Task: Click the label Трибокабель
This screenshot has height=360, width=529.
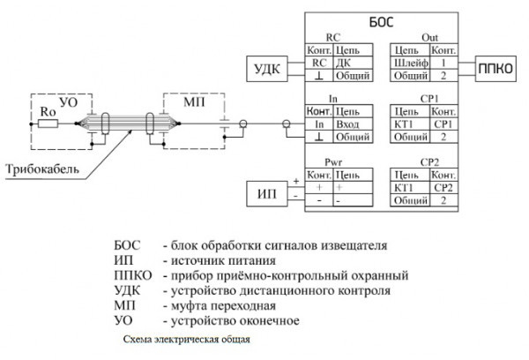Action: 38,167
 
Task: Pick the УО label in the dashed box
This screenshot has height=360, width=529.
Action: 70,104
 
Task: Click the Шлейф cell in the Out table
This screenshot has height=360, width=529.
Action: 410,64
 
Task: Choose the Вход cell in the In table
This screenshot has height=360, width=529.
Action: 346,125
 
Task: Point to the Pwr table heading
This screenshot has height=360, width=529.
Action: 332,162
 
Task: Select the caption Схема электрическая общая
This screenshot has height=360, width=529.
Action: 188,339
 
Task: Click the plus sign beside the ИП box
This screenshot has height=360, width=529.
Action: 295,180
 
